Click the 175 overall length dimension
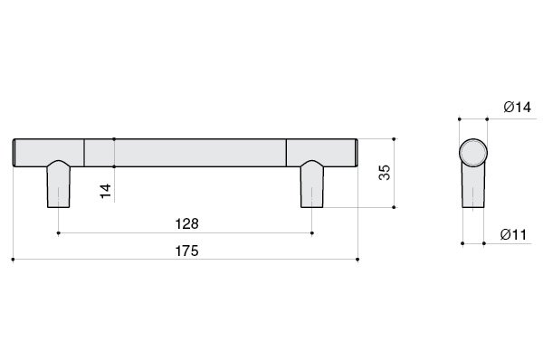click(186, 251)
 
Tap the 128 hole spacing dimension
click(187, 224)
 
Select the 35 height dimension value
click(385, 173)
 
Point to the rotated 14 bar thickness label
click(106, 191)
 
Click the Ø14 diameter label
click(518, 108)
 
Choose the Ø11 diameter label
click(513, 234)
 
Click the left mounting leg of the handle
click(59, 185)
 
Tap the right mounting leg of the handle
click(312, 185)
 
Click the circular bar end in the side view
click(473, 153)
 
